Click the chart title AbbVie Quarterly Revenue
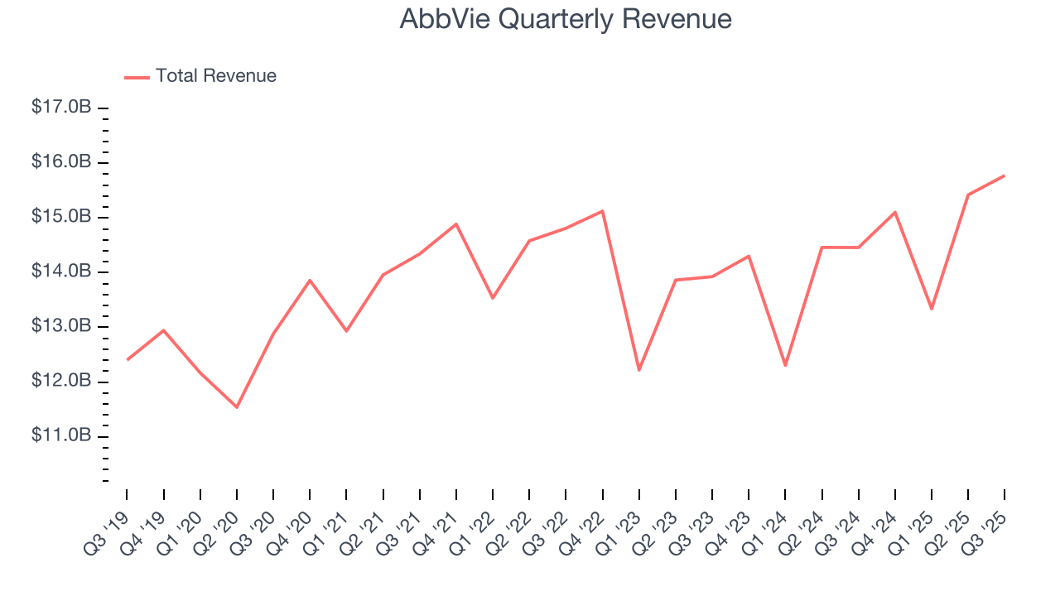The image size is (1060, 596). (566, 19)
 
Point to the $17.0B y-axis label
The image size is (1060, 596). (61, 108)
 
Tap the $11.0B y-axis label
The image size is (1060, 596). (61, 435)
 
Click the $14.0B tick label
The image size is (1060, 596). (61, 272)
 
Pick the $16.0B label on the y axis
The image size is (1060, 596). (61, 162)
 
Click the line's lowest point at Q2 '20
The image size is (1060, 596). (237, 407)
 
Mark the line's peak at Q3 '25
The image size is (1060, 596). (1005, 175)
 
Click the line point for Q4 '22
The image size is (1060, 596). (603, 211)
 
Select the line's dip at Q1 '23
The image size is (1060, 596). (639, 370)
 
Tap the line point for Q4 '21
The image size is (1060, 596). (456, 224)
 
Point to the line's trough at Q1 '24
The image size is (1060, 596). (785, 366)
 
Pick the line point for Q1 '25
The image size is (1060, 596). (932, 309)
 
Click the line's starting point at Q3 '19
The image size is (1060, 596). (128, 359)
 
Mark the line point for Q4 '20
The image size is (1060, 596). (310, 280)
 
